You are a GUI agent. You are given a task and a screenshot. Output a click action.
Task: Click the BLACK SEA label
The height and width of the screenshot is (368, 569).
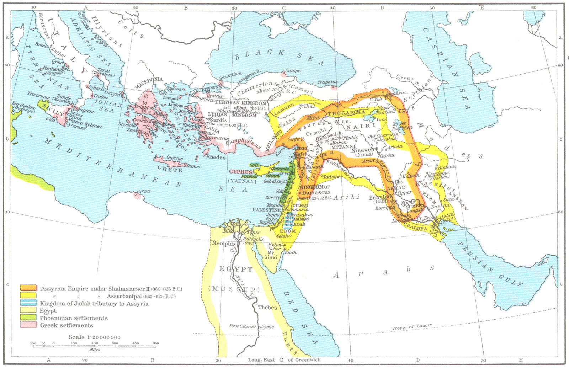point(279,57)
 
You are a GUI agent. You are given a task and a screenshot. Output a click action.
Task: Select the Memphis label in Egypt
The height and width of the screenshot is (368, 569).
point(223,244)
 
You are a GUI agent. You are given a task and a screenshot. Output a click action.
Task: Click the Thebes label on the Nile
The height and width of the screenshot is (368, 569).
point(267,308)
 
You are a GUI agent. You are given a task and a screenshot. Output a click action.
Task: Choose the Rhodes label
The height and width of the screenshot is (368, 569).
point(216,157)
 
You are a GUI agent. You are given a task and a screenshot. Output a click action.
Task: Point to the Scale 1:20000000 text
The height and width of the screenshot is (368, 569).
point(95,337)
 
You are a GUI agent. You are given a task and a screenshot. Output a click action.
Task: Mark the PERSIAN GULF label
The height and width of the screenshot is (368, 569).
point(491,263)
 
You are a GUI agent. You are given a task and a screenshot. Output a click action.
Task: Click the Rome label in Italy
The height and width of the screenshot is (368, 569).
point(41,46)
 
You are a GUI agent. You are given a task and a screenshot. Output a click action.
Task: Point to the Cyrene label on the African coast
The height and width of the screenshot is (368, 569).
point(144,191)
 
